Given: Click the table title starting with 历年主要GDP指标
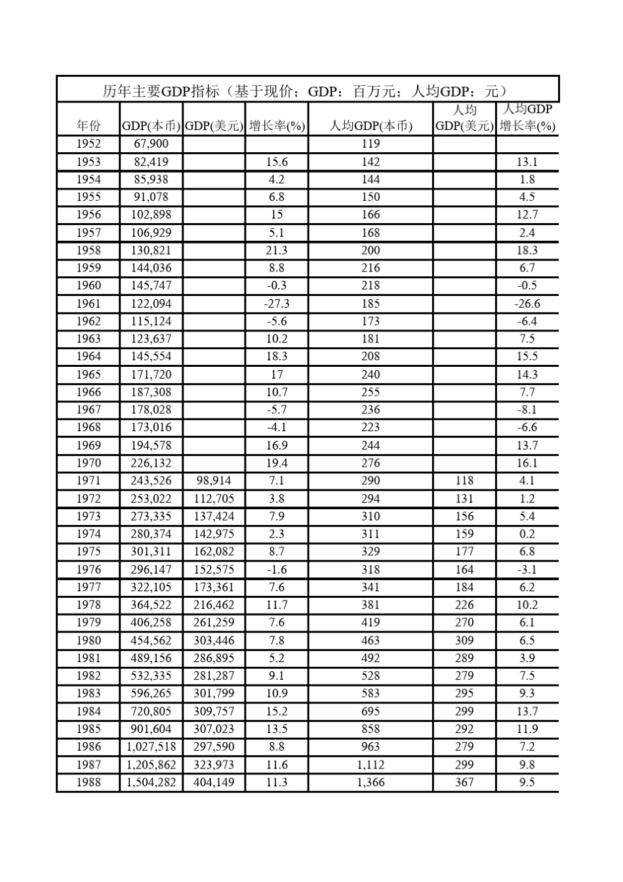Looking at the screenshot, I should coord(306,91).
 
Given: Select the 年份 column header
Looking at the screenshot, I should coord(89,126).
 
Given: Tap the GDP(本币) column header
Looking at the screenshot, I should coord(151,126).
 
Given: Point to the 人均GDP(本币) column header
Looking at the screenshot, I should coord(371,126).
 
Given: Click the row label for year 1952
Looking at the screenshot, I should coord(89,144).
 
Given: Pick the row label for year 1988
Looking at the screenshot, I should coord(89,782).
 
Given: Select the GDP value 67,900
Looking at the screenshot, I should coord(151,144).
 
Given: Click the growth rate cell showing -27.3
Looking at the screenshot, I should coord(277,304).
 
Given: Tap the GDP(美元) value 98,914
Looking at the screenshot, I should coord(214,480).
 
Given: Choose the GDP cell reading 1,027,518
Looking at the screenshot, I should coord(151,747).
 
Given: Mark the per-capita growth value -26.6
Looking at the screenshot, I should coord(527,304).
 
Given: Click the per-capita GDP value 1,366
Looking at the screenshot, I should coord(371,782).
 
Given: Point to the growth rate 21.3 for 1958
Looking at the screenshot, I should coord(277,250).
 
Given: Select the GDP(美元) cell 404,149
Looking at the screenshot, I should coord(214,782).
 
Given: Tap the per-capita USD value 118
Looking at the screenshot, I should coord(464,480).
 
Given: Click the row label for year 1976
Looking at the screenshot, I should coord(89,570).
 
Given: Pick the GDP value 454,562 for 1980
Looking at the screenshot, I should coord(151,640).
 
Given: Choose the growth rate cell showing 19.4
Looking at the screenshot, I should coord(277,463).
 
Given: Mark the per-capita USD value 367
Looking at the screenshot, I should coord(464,782).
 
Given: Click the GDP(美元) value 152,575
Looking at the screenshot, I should coord(214,570).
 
